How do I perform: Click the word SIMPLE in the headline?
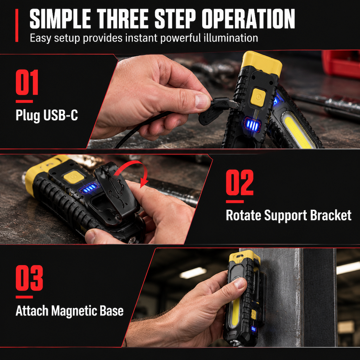[60, 19]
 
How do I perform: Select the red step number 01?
[27, 82]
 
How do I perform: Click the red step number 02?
[240, 182]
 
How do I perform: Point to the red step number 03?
[30, 278]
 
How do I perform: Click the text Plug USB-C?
[47, 115]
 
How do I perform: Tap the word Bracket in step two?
[331, 216]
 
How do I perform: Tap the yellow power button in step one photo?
[258, 97]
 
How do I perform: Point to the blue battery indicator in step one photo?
[252, 125]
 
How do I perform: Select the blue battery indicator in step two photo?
[89, 188]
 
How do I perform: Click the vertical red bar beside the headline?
[17, 25]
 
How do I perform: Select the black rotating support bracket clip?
[116, 193]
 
